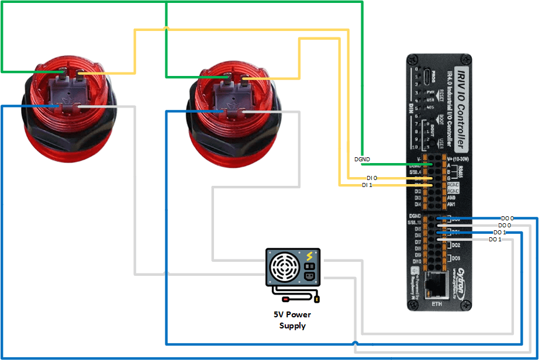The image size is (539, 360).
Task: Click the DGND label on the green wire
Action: click(x=362, y=159)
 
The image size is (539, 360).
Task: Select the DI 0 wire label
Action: click(x=372, y=178)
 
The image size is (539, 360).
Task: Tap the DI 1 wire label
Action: click(x=367, y=185)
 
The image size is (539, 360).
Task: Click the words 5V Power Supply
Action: click(x=292, y=320)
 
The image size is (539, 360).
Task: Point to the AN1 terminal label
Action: click(x=451, y=205)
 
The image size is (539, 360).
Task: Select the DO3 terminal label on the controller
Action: click(x=455, y=258)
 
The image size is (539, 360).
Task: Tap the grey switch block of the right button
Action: click(x=230, y=94)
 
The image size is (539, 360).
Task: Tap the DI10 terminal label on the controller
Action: click(x=417, y=261)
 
